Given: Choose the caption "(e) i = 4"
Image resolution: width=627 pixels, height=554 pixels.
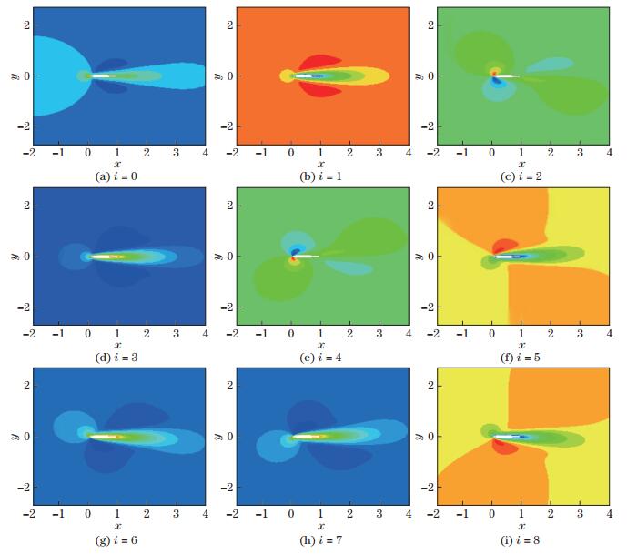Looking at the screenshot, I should coord(320,356).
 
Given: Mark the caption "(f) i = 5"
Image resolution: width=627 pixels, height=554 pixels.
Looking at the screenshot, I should coord(521,356).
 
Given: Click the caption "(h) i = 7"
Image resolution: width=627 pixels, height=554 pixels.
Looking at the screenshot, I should coord(320,537).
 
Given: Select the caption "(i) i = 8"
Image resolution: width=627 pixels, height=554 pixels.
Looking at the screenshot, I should coord(521,537).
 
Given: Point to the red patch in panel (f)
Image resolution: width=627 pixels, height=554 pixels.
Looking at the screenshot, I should coord(503,247).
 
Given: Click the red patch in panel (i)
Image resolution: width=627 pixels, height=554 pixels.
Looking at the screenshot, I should coord(503,446).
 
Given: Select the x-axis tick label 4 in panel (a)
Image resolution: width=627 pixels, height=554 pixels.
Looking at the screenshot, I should coord(205,152).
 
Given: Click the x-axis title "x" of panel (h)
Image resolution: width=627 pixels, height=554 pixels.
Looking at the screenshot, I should coord(320,525).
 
